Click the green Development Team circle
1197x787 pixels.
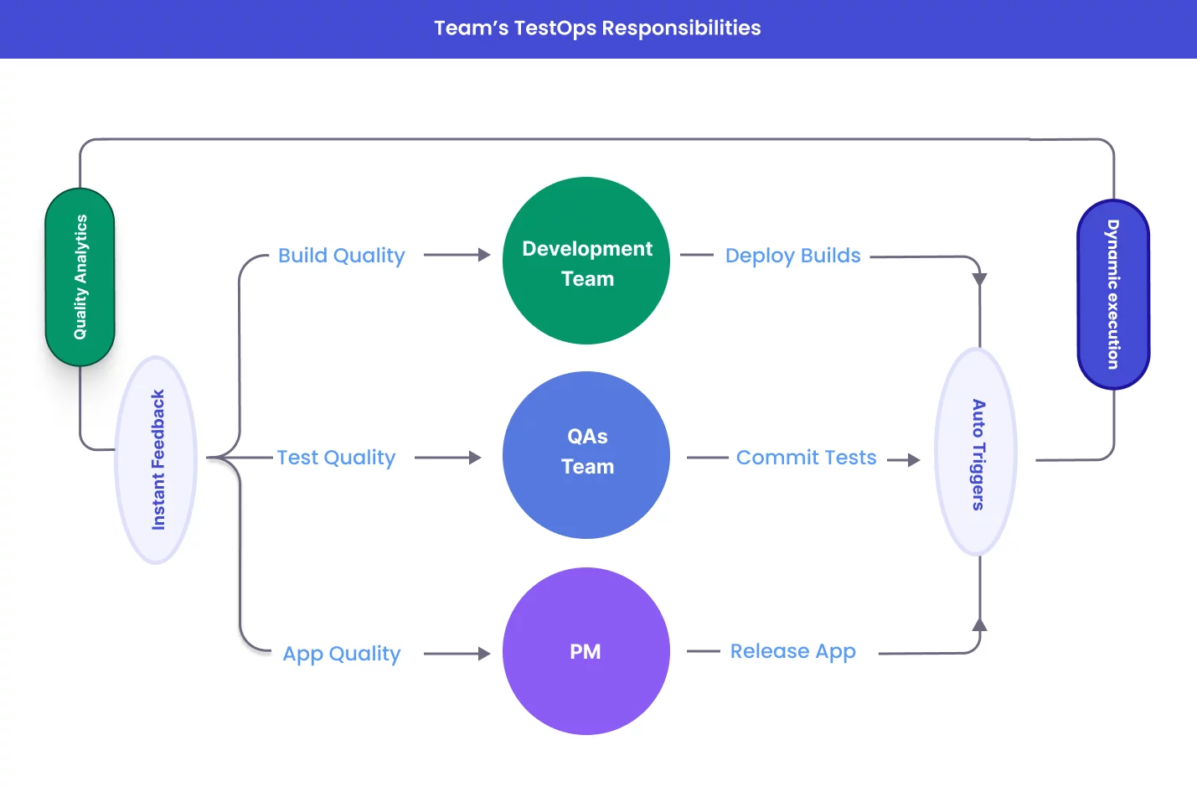tap(586, 261)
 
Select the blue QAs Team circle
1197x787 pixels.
tap(586, 455)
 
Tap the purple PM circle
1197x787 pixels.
tap(586, 651)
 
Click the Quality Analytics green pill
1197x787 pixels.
tap(80, 277)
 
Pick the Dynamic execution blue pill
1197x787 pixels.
tap(1113, 294)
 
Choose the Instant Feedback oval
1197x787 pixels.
tap(157, 460)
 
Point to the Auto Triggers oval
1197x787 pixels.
tap(977, 453)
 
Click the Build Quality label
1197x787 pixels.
tap(341, 256)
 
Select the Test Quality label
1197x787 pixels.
tap(336, 458)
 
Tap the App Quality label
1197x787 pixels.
tap(342, 654)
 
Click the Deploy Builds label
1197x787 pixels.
tap(792, 256)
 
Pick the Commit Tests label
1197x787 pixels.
tap(806, 458)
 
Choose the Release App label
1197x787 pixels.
tap(792, 651)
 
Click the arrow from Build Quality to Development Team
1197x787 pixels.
tap(457, 255)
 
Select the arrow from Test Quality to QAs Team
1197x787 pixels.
tap(449, 458)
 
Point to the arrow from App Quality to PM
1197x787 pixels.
tap(457, 654)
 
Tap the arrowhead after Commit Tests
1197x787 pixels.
tap(913, 460)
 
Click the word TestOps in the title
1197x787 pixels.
tap(555, 28)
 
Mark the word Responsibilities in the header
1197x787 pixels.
tap(681, 28)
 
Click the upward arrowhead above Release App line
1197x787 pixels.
tap(979, 624)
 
